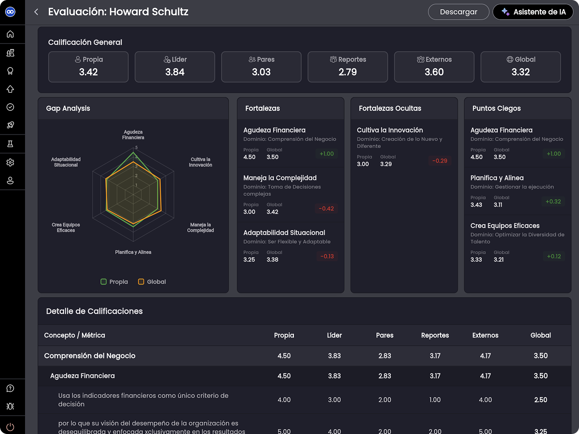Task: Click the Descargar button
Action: point(458,12)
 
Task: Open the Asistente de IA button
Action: point(533,12)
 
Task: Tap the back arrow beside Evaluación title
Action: point(36,12)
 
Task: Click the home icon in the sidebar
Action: point(10,34)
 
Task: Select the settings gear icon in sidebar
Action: point(10,163)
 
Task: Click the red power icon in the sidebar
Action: point(10,426)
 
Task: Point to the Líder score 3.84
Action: point(175,72)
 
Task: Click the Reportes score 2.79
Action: point(348,72)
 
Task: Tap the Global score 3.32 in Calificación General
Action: point(521,72)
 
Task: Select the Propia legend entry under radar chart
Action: point(114,282)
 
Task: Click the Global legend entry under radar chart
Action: point(152,282)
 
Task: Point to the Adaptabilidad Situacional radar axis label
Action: point(66,162)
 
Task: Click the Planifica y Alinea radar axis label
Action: point(133,252)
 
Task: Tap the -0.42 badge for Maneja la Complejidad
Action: point(326,208)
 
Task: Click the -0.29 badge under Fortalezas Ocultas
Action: point(440,161)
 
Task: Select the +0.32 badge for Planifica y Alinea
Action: point(553,202)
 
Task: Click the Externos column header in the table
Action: point(485,335)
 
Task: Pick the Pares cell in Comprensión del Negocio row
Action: point(385,356)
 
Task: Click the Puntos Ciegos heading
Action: point(496,108)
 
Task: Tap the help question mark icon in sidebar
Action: point(10,388)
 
